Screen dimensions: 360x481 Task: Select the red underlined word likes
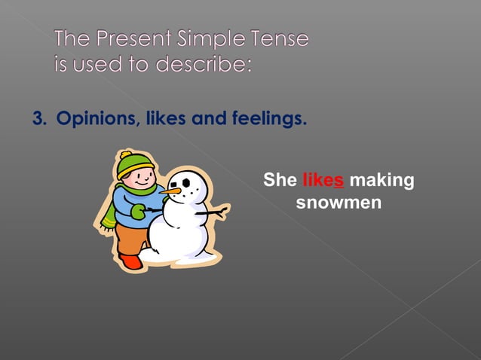coord(323,181)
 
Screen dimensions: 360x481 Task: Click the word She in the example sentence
coord(280,181)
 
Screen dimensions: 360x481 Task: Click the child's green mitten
coord(139,212)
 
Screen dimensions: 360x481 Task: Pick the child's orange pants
coord(131,237)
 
